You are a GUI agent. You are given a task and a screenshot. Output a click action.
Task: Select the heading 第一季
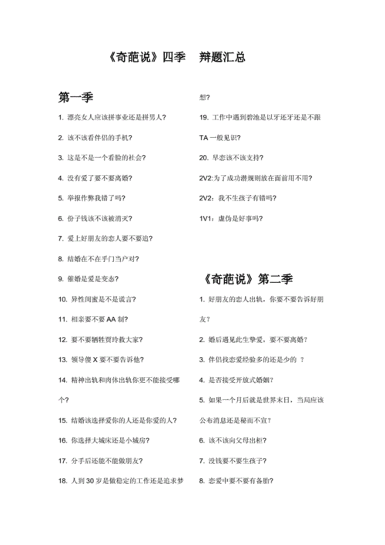pos(75,98)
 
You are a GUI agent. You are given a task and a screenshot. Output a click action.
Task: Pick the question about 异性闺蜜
pos(100,298)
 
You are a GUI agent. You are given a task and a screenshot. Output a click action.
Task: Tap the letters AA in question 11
pos(112,319)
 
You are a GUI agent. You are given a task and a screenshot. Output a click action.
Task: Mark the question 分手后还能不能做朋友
pos(103,460)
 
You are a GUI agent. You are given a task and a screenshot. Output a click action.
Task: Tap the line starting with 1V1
pos(232,218)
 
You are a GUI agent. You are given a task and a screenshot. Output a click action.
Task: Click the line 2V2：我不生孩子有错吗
pos(238,198)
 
